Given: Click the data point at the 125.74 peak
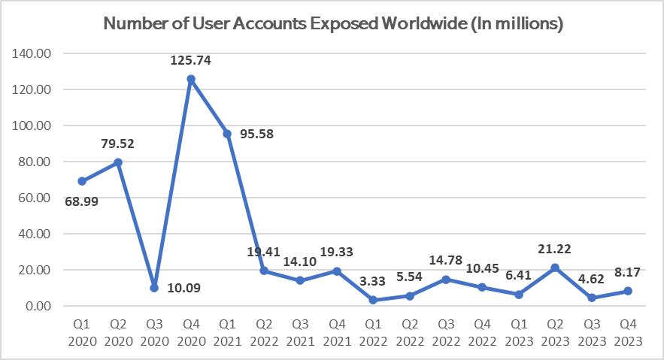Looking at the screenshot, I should (x=191, y=79).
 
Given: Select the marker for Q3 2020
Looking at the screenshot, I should (x=155, y=288).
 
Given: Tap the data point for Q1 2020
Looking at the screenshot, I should (x=82, y=181).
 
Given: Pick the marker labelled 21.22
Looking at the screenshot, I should (x=555, y=268).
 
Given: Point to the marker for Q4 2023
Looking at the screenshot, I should (x=628, y=291).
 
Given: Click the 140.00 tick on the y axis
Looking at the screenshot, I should (x=33, y=54).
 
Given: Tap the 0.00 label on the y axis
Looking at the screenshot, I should (x=39, y=306).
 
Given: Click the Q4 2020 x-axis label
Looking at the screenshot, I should (x=191, y=333).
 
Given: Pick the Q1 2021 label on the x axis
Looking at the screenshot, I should (x=227, y=333).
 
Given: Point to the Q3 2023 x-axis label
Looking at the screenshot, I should (x=591, y=333).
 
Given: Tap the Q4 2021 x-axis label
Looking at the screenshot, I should (x=336, y=333).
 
